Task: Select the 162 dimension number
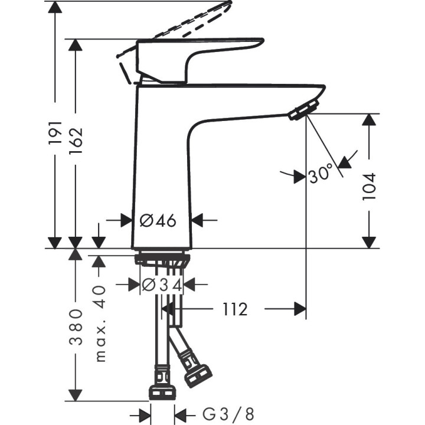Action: tap(75, 146)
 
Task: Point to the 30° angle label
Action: tap(321, 175)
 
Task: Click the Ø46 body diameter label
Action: tap(158, 221)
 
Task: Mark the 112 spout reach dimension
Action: tap(235, 309)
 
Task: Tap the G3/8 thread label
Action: tap(228, 415)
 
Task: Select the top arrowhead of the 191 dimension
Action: tap(54, 8)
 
